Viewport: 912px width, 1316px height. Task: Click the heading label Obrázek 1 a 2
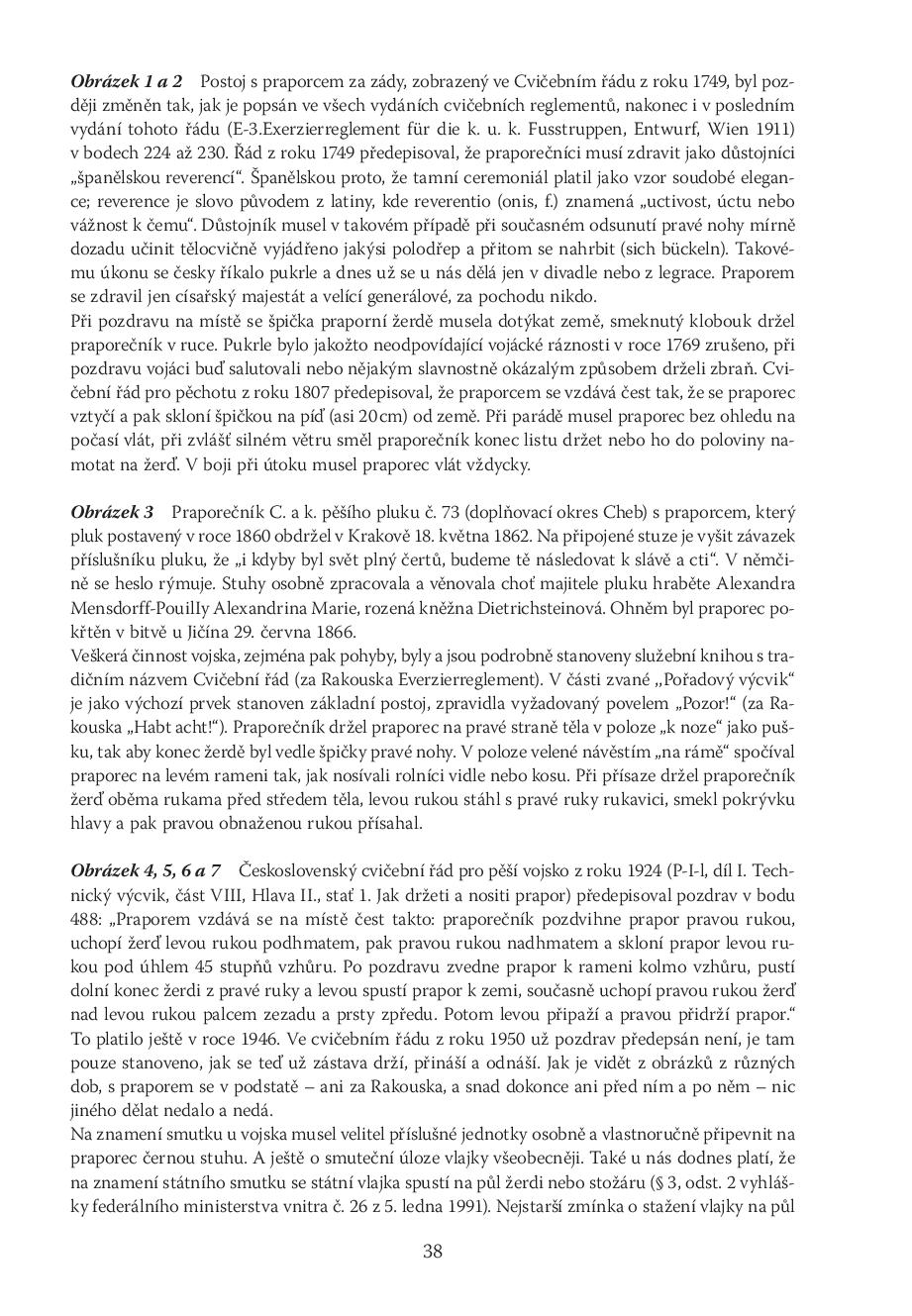click(x=127, y=81)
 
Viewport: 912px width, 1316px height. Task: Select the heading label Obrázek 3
click(x=113, y=512)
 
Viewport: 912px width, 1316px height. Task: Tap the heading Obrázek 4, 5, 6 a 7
click(x=146, y=868)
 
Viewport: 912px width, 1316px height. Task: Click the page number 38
click(x=433, y=1251)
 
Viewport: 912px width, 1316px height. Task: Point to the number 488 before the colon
click(x=86, y=916)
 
